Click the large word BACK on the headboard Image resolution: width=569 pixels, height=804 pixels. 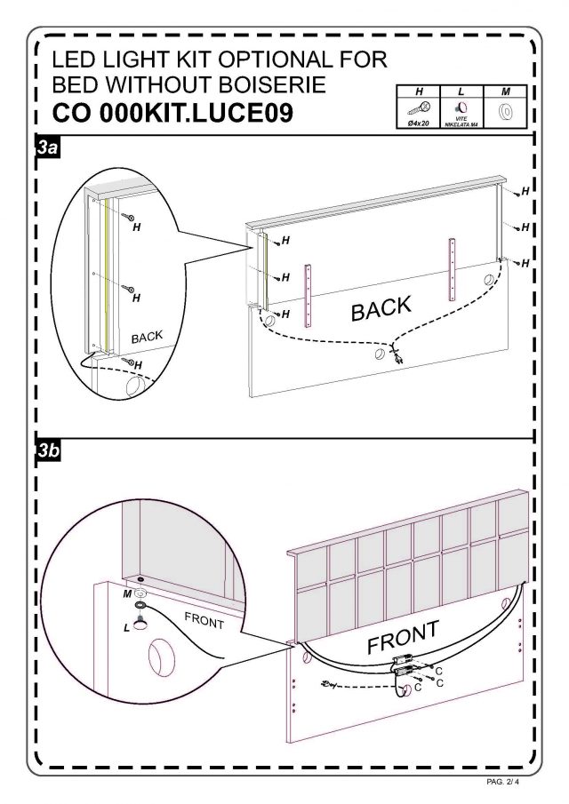click(x=381, y=309)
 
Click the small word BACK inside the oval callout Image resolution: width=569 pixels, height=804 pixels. click(x=147, y=337)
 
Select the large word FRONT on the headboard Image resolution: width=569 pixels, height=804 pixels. click(x=404, y=636)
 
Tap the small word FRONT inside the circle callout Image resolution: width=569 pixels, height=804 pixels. click(x=204, y=619)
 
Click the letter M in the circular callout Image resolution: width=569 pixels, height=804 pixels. click(x=126, y=593)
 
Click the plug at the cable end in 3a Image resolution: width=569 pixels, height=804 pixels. click(x=397, y=357)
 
